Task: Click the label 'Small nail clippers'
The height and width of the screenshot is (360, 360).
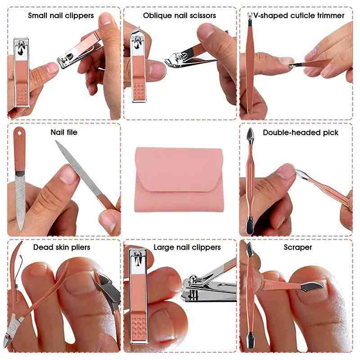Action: (x=61, y=15)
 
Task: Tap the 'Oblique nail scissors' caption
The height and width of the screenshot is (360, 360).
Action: (x=180, y=15)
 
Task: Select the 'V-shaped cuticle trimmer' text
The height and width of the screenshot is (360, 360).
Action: (x=299, y=15)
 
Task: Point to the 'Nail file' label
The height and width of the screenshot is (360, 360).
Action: (x=64, y=132)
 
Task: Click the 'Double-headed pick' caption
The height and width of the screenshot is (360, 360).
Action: (x=301, y=132)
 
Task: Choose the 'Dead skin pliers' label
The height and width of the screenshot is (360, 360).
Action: (x=62, y=247)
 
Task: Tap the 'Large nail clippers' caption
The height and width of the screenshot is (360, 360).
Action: (x=187, y=247)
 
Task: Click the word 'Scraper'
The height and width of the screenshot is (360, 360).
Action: (x=298, y=247)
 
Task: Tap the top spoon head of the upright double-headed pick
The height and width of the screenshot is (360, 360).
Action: (x=251, y=134)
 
